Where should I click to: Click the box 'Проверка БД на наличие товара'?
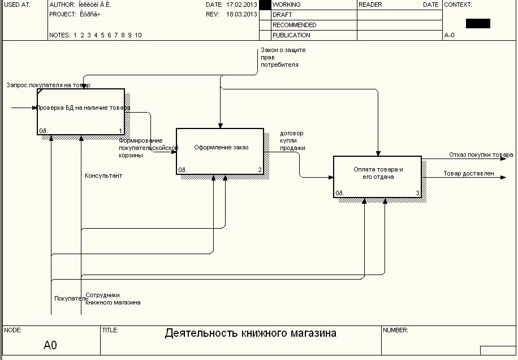(81, 112)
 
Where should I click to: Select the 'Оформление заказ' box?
(220, 151)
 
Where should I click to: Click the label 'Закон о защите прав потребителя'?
(283, 57)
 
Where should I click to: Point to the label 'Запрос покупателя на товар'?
(48, 85)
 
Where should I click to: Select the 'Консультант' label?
(103, 175)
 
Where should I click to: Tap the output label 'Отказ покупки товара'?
(481, 155)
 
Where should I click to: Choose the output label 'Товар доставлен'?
(469, 173)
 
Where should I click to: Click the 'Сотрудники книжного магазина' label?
(113, 299)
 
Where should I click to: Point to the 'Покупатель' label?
(68, 298)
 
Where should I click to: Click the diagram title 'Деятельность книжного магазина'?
(251, 333)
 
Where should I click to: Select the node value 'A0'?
(50, 345)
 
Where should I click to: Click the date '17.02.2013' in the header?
(241, 5)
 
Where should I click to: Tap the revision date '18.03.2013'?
(241, 14)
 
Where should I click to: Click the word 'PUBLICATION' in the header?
(291, 35)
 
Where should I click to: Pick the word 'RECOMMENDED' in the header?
(294, 25)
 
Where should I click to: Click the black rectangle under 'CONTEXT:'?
(478, 23)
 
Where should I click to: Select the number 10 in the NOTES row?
(138, 35)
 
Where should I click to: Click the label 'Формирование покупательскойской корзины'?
(148, 148)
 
